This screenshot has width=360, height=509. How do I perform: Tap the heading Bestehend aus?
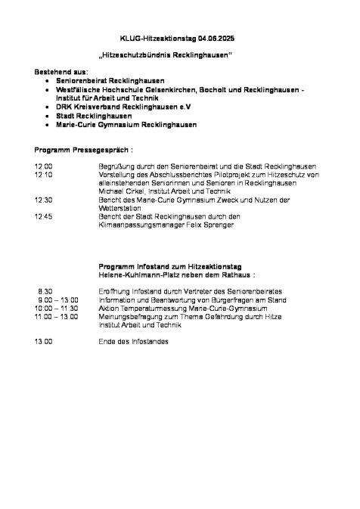point(61,70)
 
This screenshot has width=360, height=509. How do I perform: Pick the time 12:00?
point(43,166)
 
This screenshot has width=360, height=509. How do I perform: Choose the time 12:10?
point(43,174)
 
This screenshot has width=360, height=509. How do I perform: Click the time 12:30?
point(43,200)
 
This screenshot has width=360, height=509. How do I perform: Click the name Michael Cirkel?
point(120,191)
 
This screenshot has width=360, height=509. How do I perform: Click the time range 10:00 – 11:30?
point(55,308)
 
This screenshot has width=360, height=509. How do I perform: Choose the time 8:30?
point(45,290)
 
